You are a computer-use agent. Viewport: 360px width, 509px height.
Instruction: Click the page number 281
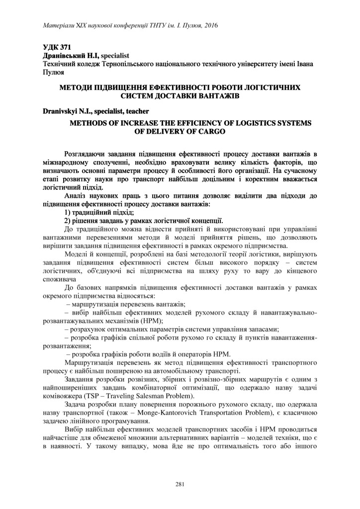pos(180,485)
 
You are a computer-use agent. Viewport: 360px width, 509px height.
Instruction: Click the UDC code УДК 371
pos(56,48)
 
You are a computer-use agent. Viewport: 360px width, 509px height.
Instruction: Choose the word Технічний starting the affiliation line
pos(60,65)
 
